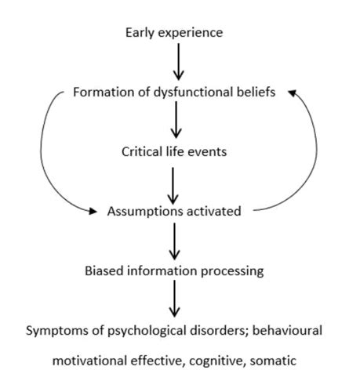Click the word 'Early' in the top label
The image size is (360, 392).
[x=140, y=33]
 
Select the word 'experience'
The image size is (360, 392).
[x=191, y=34]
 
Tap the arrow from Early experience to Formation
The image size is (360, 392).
[x=179, y=62]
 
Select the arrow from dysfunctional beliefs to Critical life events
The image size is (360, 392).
[x=176, y=120]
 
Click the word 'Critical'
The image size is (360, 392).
[x=142, y=151]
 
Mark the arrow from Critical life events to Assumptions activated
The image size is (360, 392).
[x=173, y=186]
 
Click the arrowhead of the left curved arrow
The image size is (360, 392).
[x=93, y=211]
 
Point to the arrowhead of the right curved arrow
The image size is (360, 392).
[x=292, y=93]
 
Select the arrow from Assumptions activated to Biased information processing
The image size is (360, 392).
[x=174, y=241]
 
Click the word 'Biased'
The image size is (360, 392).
[x=104, y=270]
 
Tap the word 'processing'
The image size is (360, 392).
[x=232, y=271]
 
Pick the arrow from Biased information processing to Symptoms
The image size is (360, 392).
[x=174, y=299]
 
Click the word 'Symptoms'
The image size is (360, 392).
[x=57, y=331]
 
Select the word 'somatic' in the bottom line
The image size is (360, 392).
[x=273, y=361]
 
